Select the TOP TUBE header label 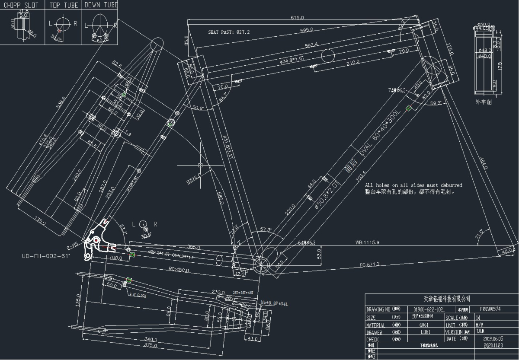[x=64, y=5]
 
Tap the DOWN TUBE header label [x=101, y=5]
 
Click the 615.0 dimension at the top [x=297, y=18]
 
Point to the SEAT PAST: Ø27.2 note [x=229, y=32]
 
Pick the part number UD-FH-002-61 [x=46, y=256]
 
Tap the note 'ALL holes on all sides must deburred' [x=413, y=185]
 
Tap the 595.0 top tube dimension [x=307, y=30]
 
